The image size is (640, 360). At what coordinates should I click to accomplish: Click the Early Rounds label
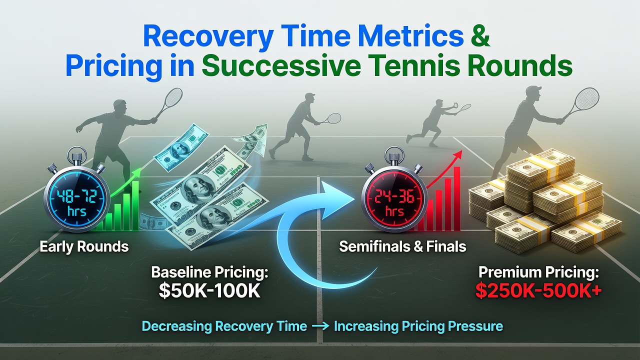coord(84,246)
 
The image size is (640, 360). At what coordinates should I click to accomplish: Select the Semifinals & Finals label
coord(402,246)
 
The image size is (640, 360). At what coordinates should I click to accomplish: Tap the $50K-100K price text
coord(209,291)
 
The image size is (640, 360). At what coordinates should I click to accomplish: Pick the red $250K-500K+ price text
coord(538,291)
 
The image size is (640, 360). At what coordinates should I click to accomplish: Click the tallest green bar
coord(135,205)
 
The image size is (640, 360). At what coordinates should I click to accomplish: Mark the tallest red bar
coord(456,198)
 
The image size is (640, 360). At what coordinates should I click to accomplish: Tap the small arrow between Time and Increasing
coord(320,326)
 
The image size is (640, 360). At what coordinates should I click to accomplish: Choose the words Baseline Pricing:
coord(209,272)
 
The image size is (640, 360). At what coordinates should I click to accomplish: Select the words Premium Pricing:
coord(538,272)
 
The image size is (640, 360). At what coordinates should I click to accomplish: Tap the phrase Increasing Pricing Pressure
coord(418,326)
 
